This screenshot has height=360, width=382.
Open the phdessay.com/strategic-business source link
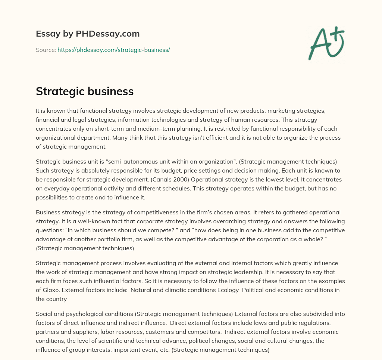113,50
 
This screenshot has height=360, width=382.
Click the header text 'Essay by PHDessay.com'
88,34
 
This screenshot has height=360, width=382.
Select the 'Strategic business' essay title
85,91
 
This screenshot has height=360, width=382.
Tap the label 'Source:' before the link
46,50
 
